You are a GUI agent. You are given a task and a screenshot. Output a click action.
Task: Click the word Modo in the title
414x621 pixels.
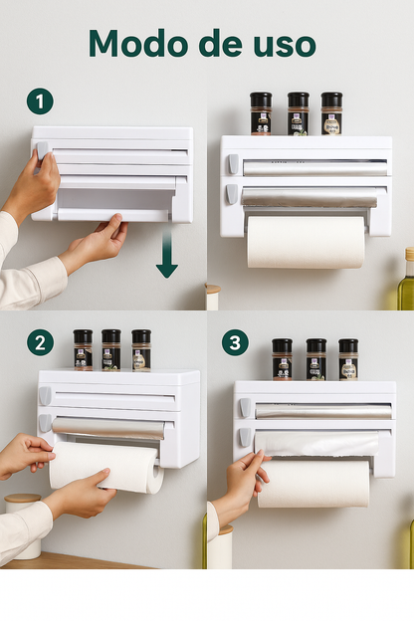137,43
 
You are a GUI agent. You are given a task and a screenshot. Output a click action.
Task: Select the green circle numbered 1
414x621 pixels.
40,102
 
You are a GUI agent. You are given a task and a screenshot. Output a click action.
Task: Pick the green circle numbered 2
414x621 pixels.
40,343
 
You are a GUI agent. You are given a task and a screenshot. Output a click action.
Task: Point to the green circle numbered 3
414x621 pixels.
235,343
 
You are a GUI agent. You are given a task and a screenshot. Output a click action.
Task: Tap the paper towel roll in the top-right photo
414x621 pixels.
306,242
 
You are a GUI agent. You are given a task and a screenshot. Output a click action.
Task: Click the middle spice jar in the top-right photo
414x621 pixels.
298,113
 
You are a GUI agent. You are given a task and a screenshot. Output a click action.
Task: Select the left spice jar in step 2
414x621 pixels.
83,350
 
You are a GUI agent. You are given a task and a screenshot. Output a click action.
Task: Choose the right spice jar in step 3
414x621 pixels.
347,359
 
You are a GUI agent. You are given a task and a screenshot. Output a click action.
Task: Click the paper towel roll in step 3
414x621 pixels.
313,483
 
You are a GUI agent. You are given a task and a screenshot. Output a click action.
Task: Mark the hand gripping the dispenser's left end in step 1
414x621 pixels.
32,186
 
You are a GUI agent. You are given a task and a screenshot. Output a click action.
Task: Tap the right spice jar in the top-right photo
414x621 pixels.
331,113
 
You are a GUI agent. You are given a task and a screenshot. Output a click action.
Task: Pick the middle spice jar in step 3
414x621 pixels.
315,359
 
